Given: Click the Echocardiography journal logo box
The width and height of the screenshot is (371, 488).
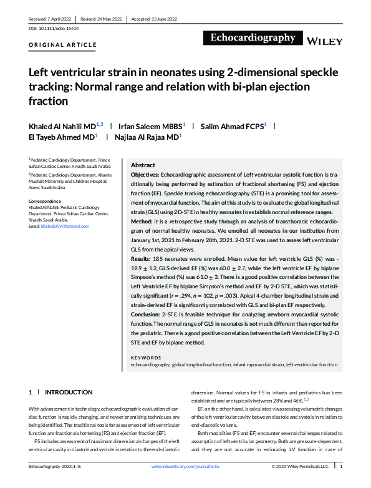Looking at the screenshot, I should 253,38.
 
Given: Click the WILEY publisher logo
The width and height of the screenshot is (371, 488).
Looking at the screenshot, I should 325,41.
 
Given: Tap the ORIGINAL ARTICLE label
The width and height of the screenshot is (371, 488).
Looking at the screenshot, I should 63,45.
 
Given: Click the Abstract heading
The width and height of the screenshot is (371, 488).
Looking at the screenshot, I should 143,165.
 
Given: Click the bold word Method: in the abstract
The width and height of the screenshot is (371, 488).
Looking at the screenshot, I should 143,221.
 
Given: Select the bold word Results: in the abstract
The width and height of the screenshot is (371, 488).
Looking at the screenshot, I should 144,257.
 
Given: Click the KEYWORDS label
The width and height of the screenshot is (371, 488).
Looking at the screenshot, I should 147,358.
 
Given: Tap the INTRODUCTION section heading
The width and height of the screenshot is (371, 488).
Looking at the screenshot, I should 69,392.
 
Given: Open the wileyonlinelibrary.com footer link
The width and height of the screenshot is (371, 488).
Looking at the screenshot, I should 185,466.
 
